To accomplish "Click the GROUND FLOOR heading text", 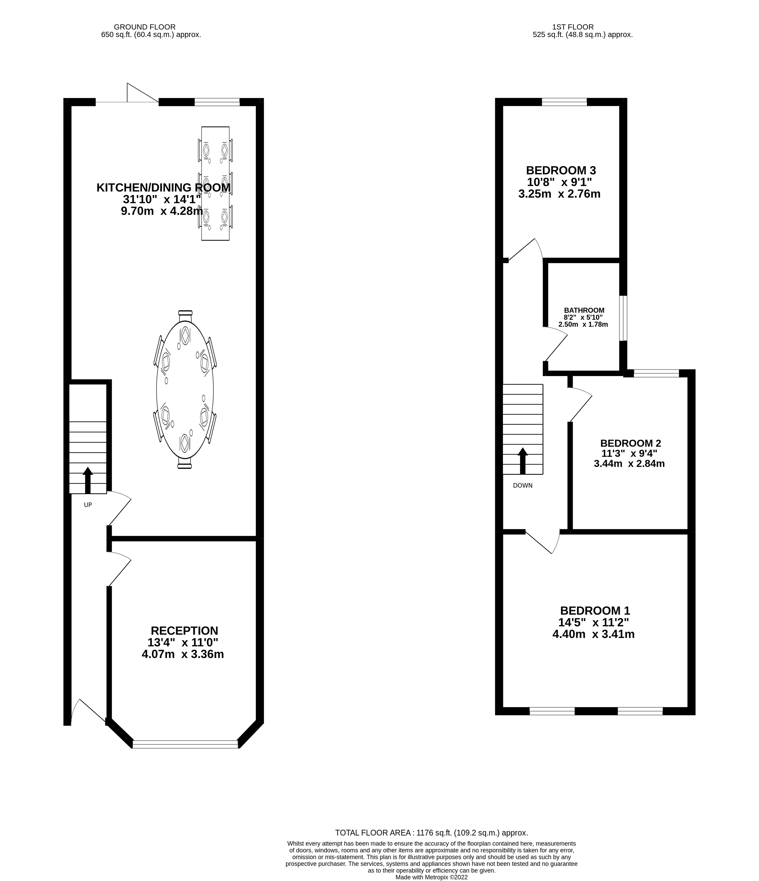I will coord(145,27).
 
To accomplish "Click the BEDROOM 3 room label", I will coord(561,171).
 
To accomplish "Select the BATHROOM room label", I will coord(584,310).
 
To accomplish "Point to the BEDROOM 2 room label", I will coord(630,444).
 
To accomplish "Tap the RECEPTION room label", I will coord(184,630).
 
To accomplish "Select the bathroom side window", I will coord(623,318).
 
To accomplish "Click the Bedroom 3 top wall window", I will coord(564,102).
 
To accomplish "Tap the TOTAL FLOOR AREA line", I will coord(431,833).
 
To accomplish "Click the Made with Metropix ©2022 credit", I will coord(431,877).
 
